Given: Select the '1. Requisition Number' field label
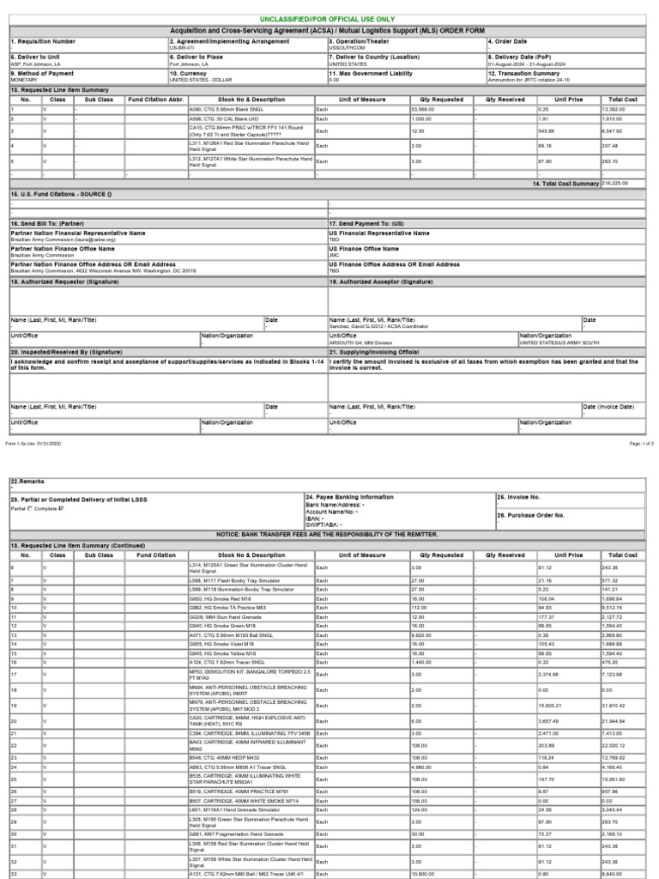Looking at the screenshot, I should coord(43,40).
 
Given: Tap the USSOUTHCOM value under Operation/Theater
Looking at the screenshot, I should coord(347,48).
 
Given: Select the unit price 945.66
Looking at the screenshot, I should coord(546,130).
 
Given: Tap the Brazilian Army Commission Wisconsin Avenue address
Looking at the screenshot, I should coord(103,270).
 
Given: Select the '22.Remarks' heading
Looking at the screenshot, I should coord(27,481).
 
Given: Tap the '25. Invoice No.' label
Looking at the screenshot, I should coord(522,496).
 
